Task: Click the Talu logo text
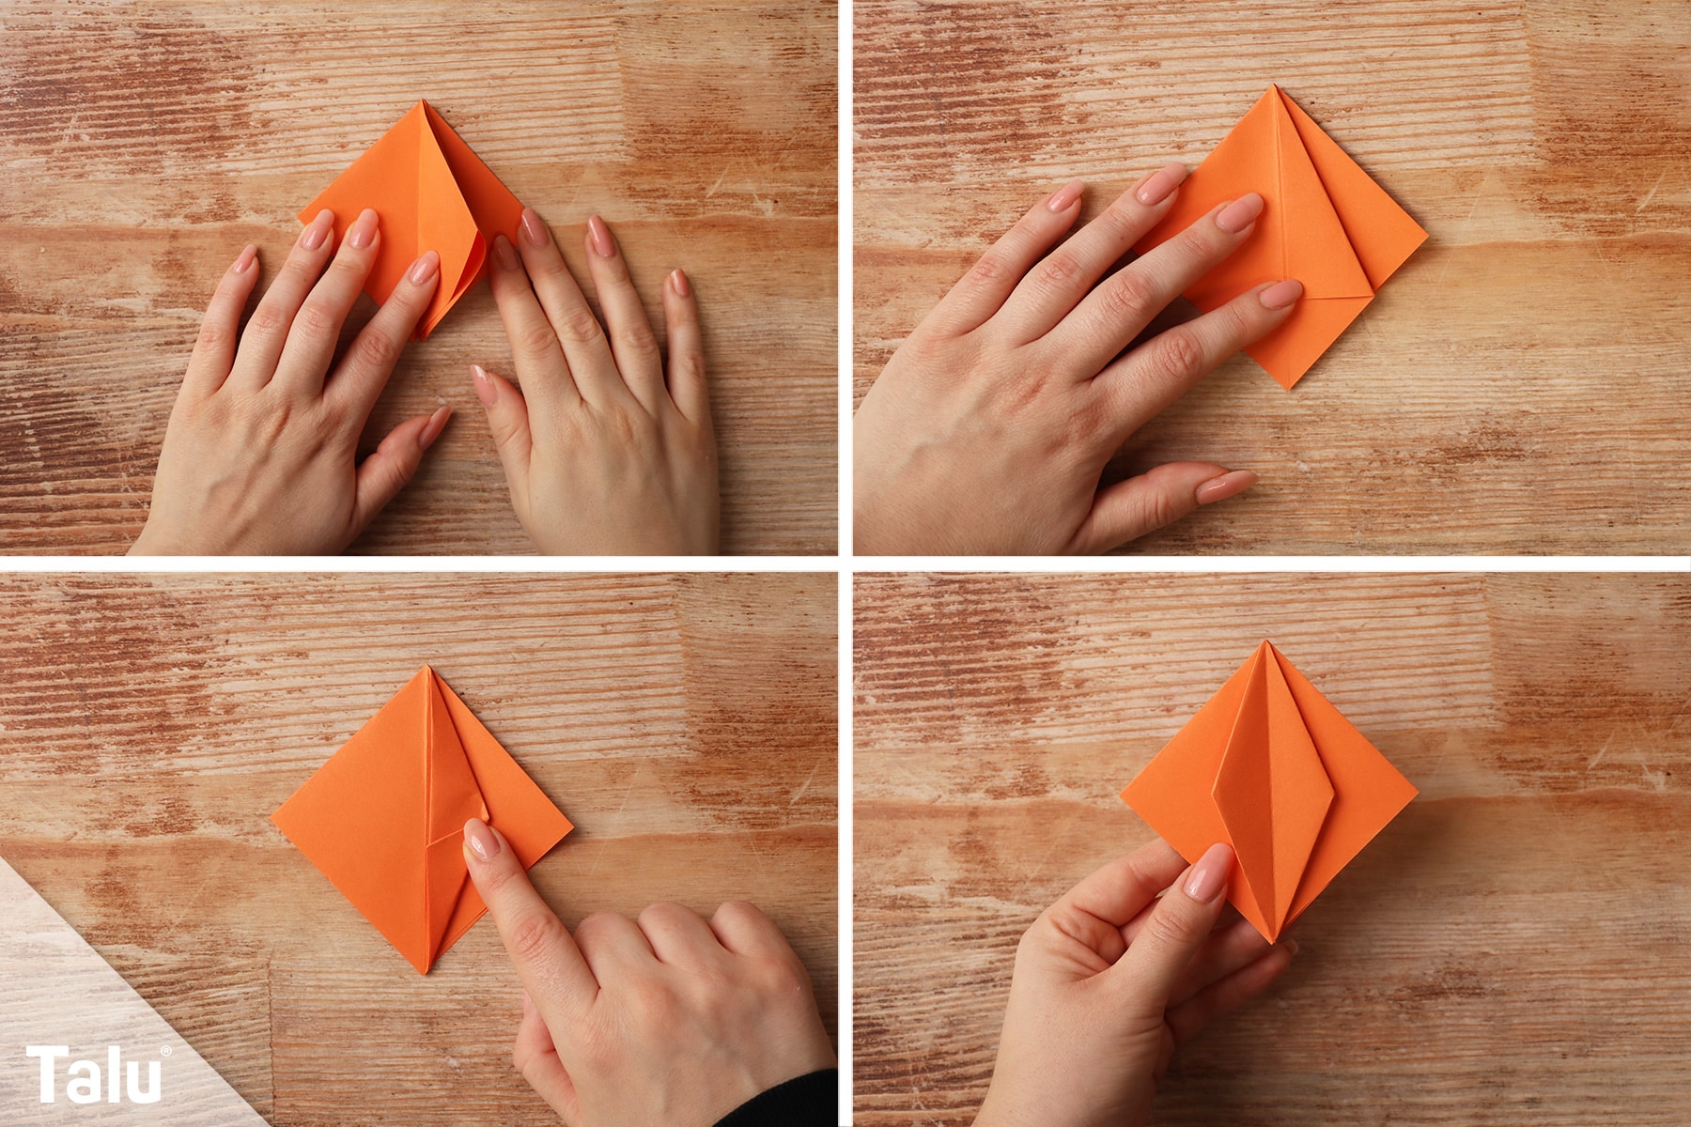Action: (94, 1074)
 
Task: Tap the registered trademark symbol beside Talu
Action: (166, 1051)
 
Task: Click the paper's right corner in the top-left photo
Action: (522, 223)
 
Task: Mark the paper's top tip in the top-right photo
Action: (1276, 86)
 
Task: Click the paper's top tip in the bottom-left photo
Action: (428, 667)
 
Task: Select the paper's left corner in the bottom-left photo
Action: (273, 817)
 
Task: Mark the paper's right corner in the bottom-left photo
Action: (571, 829)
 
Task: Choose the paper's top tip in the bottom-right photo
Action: (1264, 642)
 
